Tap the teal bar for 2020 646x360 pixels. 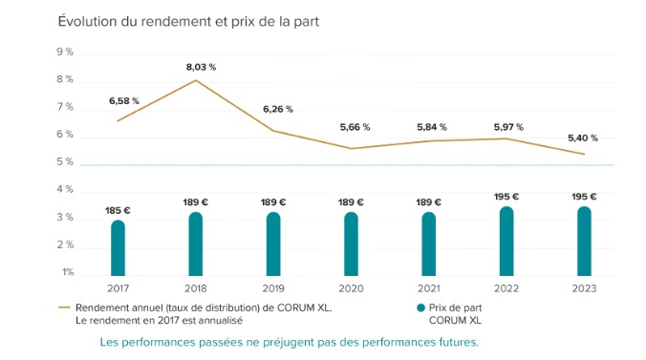[x=351, y=244]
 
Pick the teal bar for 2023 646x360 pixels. [x=584, y=241]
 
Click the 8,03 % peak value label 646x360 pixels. [x=200, y=67]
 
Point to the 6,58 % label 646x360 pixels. [x=124, y=100]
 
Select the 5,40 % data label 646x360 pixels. [x=583, y=137]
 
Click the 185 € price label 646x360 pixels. [x=118, y=210]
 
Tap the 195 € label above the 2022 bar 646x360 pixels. [x=506, y=197]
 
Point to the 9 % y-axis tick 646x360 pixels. [x=66, y=52]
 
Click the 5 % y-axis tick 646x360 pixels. [x=66, y=162]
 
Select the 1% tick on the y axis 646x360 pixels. [x=67, y=273]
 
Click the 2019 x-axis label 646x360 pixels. [x=273, y=289]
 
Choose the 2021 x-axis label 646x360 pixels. [x=428, y=289]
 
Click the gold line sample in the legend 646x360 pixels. [x=65, y=308]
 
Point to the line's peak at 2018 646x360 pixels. [x=196, y=80]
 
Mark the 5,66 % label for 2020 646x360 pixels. [x=355, y=126]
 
